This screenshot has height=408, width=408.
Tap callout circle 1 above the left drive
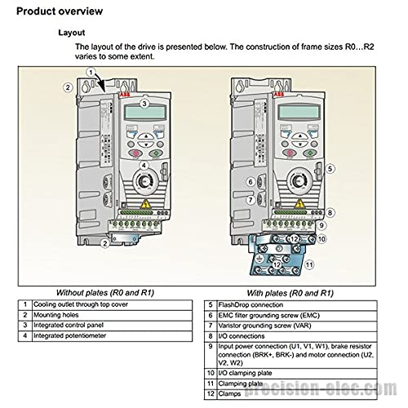click(91, 73)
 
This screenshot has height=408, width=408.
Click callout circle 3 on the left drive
click(144, 104)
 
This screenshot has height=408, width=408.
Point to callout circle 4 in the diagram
click(144, 166)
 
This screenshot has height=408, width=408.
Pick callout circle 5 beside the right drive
click(329, 168)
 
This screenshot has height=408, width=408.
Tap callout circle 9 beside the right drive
click(322, 225)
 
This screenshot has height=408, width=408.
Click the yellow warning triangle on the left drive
click(146, 204)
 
